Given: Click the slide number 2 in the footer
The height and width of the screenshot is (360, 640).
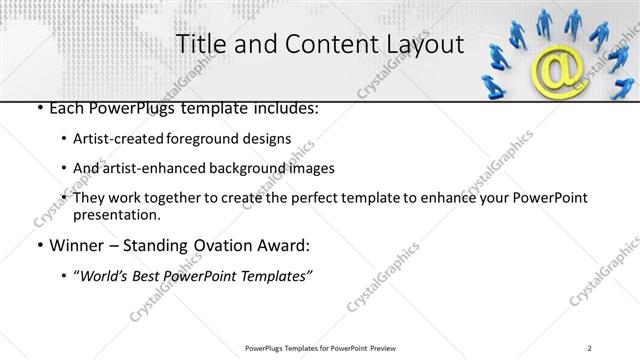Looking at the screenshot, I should [590, 347].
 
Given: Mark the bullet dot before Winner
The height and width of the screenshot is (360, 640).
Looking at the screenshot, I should [38, 245].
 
